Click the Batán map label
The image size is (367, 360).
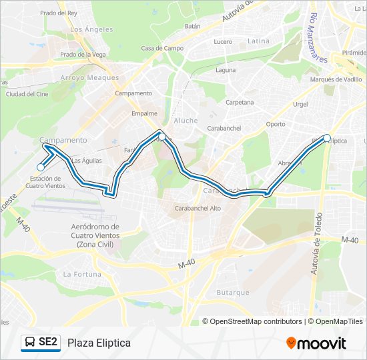pyautogui.click(x=192, y=27)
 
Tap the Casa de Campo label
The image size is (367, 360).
pyautogui.click(x=162, y=49)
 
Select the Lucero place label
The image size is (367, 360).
pyautogui.click(x=223, y=41)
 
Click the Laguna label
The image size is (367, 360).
pyautogui.click(x=226, y=69)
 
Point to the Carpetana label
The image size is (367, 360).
pyautogui.click(x=240, y=103)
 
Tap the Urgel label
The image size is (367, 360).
pyautogui.click(x=300, y=105)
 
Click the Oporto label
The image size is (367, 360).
pyautogui.click(x=275, y=124)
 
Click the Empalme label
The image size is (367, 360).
pyautogui.click(x=144, y=113)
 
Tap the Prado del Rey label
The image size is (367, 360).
pyautogui.click(x=59, y=13)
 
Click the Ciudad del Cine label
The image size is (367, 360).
pyautogui.click(x=27, y=94)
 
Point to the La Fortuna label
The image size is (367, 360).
pyautogui.click(x=82, y=274)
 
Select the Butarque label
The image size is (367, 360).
pyautogui.click(x=233, y=293)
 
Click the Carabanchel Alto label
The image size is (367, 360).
pyautogui.click(x=198, y=208)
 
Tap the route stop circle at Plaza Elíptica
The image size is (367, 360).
pyautogui.click(x=327, y=138)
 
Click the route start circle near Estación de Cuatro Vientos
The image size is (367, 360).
pyautogui.click(x=41, y=167)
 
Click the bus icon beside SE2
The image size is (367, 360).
pyautogui.click(x=29, y=343)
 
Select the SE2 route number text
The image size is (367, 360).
pyautogui.click(x=48, y=343)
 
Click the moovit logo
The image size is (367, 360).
pyautogui.click(x=316, y=343)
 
